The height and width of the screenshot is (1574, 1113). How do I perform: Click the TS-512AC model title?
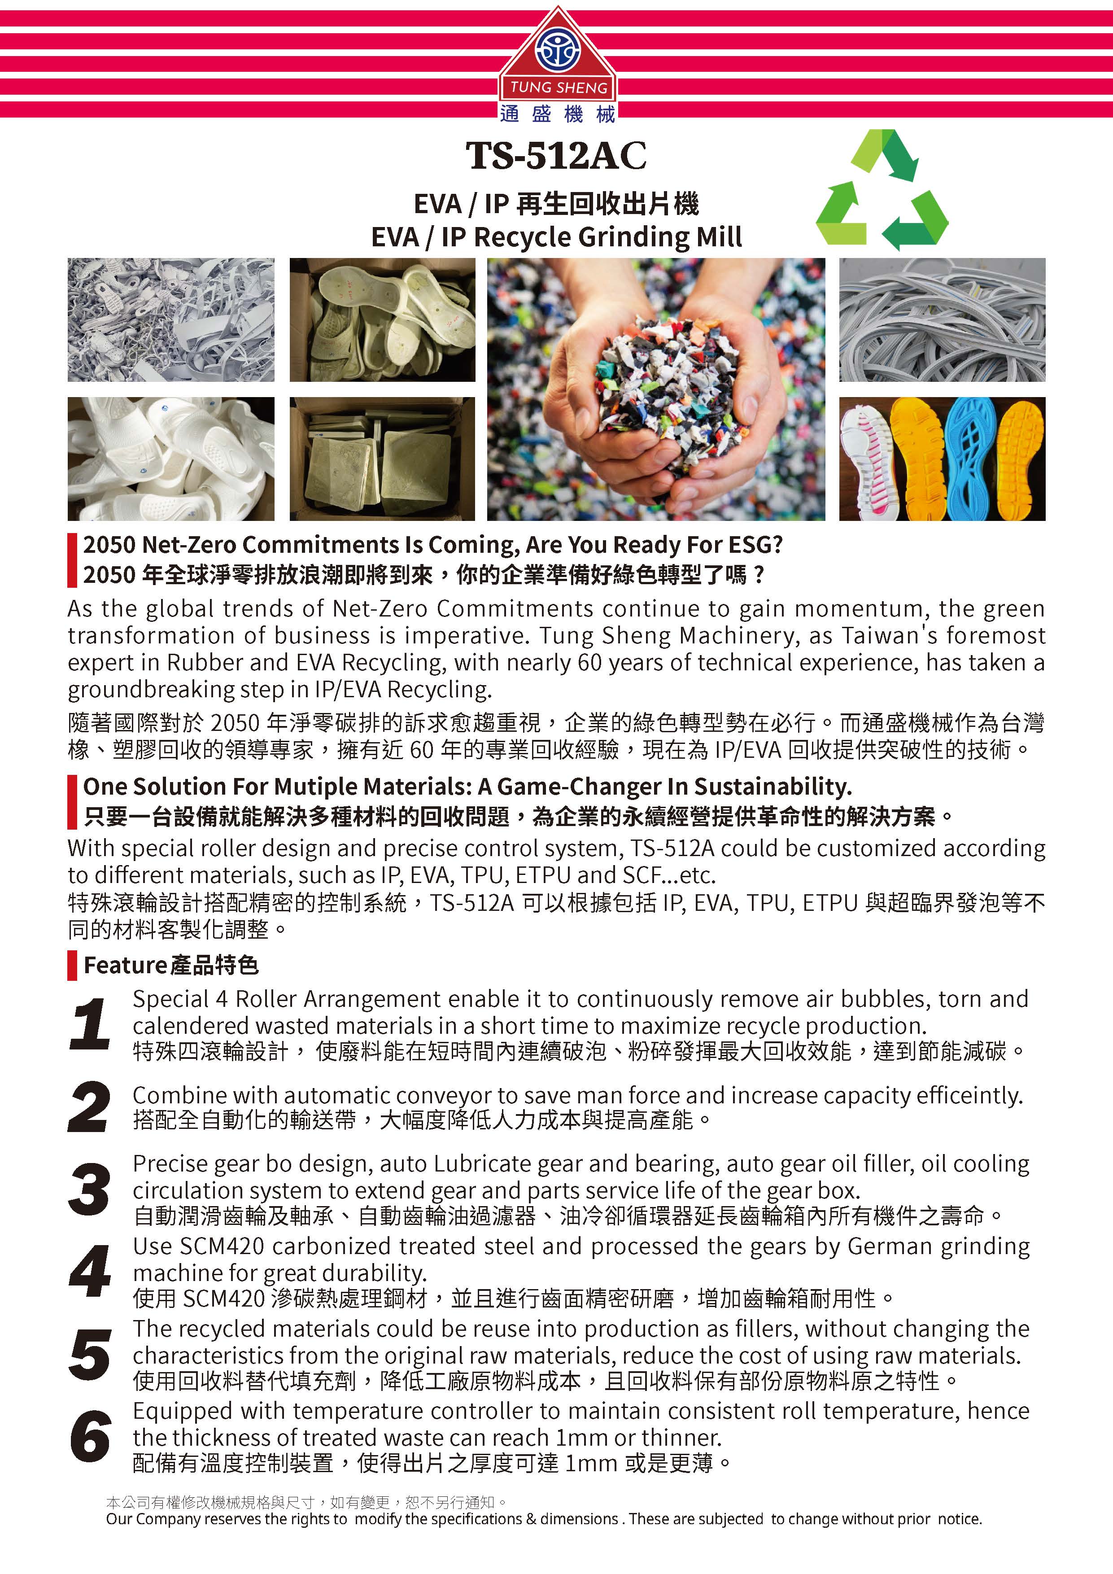pos(556,156)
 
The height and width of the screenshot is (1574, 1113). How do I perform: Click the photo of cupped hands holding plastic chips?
pos(656,389)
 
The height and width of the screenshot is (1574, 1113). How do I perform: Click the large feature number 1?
pos(89,1024)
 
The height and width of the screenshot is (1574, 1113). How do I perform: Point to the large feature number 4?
pos(89,1272)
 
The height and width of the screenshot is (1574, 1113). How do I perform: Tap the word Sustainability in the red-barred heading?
pos(773,787)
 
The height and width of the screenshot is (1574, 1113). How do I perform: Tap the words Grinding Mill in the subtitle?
pos(660,237)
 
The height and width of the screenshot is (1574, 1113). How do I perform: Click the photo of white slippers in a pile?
pos(170,459)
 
